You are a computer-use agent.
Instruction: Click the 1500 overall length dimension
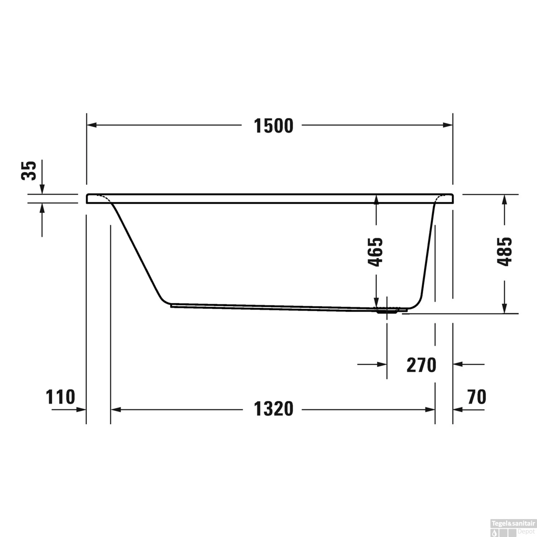click(x=273, y=126)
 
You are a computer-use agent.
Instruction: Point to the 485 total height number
click(x=505, y=251)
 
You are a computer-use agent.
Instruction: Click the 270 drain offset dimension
click(x=421, y=365)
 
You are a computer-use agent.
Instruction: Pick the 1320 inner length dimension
click(x=273, y=409)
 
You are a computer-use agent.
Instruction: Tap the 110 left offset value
click(x=60, y=397)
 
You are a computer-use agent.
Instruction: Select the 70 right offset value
click(x=476, y=397)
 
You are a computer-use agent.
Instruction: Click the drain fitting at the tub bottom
click(x=387, y=311)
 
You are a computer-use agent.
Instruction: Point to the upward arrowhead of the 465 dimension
click(x=376, y=199)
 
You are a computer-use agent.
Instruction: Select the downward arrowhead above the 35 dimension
click(x=42, y=189)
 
